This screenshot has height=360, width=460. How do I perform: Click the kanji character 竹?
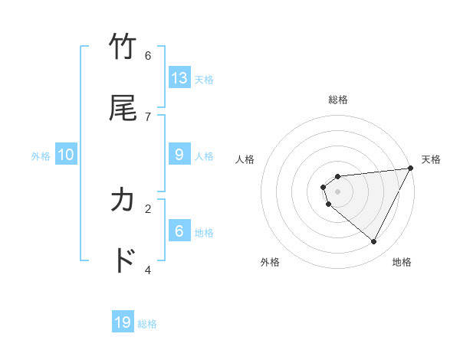click(123, 47)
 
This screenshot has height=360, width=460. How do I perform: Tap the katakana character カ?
click(123, 201)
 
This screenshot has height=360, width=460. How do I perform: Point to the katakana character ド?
click(123, 261)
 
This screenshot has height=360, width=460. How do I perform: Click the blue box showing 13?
click(179, 78)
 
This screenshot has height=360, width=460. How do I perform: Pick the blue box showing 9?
click(179, 155)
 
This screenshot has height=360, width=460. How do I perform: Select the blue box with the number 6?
click(179, 231)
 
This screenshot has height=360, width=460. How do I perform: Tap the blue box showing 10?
click(66, 155)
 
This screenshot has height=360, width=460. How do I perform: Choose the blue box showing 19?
click(123, 322)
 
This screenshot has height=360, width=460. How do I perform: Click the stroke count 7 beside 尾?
click(148, 116)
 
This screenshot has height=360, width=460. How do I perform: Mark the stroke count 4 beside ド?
click(148, 270)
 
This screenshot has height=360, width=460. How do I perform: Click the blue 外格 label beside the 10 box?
click(41, 156)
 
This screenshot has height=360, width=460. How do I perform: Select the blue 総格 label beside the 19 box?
click(147, 324)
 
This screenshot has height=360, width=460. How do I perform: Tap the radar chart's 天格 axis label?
click(431, 159)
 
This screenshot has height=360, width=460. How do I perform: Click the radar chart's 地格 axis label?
click(402, 262)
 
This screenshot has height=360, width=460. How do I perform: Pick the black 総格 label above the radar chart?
click(338, 100)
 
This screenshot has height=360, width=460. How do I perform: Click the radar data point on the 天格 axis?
click(411, 169)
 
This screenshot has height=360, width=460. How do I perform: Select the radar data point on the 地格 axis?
click(374, 242)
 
